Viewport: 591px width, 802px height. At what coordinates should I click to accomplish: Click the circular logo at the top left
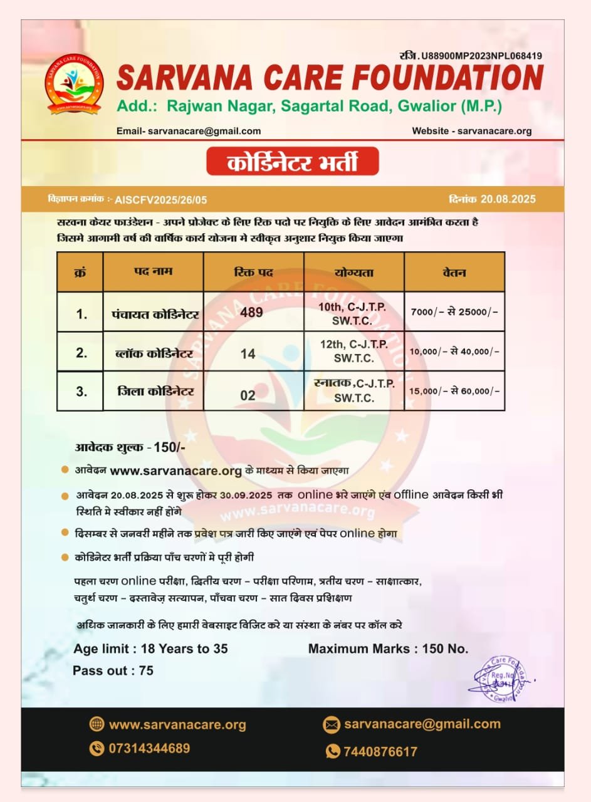click(x=75, y=83)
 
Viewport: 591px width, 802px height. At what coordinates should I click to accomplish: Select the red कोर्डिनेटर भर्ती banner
click(x=293, y=161)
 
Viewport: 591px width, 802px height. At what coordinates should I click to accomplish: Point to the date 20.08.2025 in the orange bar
click(x=508, y=199)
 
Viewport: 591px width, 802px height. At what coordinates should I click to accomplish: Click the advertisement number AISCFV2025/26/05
click(x=161, y=200)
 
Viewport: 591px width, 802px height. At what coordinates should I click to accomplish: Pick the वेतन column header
click(x=454, y=273)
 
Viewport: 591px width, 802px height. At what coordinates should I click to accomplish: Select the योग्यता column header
click(x=353, y=273)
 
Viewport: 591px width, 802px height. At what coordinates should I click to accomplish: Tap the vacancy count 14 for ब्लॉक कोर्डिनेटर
click(x=248, y=354)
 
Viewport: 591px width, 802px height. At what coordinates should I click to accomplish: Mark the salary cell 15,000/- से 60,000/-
click(x=454, y=391)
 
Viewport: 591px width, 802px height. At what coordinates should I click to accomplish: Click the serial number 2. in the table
click(x=81, y=353)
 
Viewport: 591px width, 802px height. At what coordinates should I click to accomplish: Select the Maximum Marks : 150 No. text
click(x=388, y=648)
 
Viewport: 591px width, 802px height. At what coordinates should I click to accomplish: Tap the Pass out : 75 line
click(x=113, y=670)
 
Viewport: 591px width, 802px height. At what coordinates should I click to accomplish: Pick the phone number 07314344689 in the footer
click(x=149, y=748)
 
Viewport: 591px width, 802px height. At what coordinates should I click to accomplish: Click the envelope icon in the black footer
click(x=332, y=726)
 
